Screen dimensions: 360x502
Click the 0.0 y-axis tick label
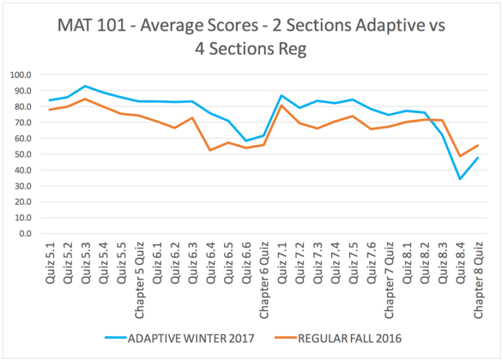[x=24, y=233]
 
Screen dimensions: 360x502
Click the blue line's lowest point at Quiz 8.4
[x=460, y=179]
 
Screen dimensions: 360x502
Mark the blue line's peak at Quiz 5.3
[x=86, y=86]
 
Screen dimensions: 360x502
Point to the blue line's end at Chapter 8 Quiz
[x=477, y=157]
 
